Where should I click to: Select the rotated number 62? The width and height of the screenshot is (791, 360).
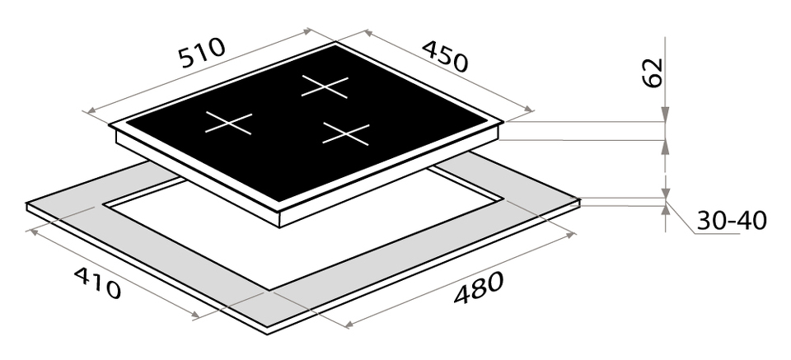click(x=653, y=72)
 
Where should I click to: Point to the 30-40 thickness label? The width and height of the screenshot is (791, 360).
click(x=732, y=220)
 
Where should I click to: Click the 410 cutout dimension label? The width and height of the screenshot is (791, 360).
click(x=97, y=283)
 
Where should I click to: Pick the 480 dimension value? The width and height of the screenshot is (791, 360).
click(x=478, y=288)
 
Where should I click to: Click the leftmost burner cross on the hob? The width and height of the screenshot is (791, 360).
click(x=228, y=123)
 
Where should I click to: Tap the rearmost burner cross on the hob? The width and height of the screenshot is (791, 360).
click(x=325, y=86)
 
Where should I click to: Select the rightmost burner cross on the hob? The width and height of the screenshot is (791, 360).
click(x=346, y=133)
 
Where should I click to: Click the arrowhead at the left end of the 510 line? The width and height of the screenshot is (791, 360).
click(x=92, y=111)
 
